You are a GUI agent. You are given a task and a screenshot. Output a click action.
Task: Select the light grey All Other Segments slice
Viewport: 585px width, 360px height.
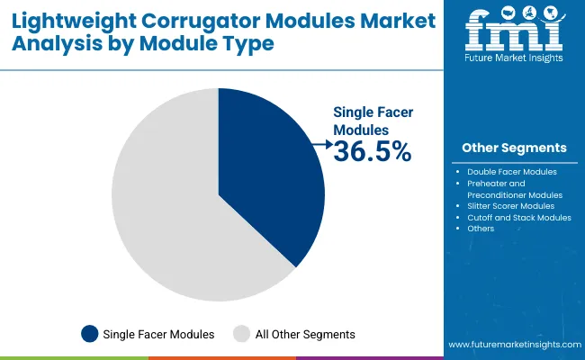(x=162, y=207)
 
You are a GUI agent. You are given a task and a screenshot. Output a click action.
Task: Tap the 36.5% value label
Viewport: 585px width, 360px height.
(x=372, y=152)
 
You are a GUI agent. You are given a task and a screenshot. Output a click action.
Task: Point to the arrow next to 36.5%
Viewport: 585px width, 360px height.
(x=320, y=142)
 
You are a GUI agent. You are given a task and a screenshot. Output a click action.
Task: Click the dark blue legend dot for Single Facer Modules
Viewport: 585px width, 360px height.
(x=89, y=334)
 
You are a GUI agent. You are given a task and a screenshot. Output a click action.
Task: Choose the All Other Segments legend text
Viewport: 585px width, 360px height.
(x=305, y=334)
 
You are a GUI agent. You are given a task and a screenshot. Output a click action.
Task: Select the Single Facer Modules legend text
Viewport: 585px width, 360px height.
(x=158, y=334)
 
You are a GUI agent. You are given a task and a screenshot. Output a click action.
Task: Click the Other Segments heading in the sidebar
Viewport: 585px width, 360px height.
(x=514, y=148)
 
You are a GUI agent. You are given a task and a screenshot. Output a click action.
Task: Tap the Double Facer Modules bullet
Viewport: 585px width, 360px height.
(x=512, y=171)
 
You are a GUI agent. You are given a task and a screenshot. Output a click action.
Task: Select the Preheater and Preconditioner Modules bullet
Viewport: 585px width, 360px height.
(x=515, y=189)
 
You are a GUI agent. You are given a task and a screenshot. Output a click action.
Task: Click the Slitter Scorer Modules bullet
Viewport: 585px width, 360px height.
(x=510, y=206)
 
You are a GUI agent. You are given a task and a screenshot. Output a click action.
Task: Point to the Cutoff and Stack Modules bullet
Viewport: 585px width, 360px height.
(x=519, y=218)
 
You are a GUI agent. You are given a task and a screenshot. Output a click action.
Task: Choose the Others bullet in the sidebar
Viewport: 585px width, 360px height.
(x=481, y=229)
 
